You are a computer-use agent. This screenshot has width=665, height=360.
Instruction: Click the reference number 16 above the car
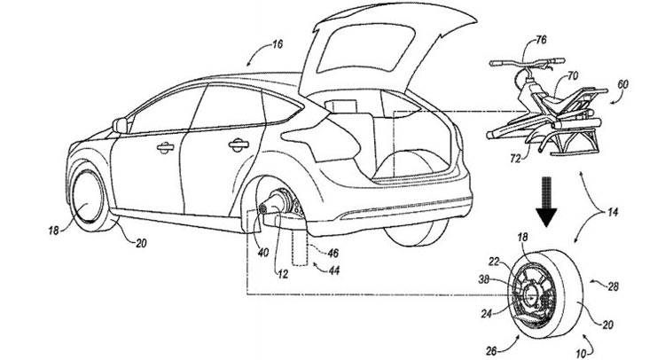pos(277,44)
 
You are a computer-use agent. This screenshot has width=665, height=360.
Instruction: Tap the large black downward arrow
pos(545,201)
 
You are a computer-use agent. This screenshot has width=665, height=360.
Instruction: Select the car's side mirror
pos(120,126)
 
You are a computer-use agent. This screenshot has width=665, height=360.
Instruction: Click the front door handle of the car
pos(165,147)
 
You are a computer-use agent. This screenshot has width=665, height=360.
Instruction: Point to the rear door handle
pos(239,145)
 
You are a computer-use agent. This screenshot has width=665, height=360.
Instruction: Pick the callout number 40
pos(263,253)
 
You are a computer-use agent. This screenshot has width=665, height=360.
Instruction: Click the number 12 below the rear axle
pos(283,274)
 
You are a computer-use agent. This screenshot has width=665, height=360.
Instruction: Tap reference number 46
pos(332,254)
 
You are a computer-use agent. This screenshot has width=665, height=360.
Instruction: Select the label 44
pos(334,270)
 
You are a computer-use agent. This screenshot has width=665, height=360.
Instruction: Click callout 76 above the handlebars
pos(541,40)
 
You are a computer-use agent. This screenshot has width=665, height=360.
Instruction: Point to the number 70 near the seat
pos(573,77)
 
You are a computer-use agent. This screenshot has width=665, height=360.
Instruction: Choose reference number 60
pos(622,84)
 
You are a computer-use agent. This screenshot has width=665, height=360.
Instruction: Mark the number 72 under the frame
pos(515,159)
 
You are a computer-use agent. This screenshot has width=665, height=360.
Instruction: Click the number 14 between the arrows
pos(613,212)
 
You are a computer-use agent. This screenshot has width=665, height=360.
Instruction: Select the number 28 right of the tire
pos(613,287)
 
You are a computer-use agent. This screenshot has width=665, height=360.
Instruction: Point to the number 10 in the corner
pos(581,352)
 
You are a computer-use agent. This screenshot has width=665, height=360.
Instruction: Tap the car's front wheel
pos(88,198)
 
